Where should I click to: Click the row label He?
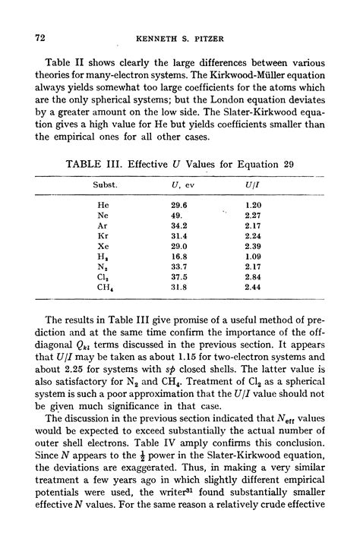pyautogui.click(x=103, y=205)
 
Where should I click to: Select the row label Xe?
pyautogui.click(x=103, y=247)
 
